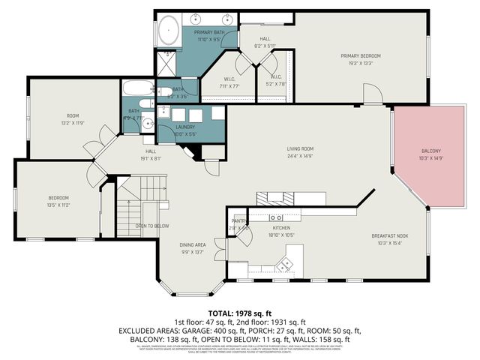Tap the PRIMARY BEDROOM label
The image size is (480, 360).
pyautogui.click(x=361, y=56)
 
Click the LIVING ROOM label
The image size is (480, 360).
pyautogui.click(x=300, y=149)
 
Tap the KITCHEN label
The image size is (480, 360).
pyautogui.click(x=281, y=226)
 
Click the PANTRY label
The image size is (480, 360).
pyautogui.click(x=238, y=221)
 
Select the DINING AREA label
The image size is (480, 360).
pyautogui.click(x=192, y=245)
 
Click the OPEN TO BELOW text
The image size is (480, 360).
pyautogui.click(x=151, y=226)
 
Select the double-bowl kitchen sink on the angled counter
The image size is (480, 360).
pyautogui.click(x=286, y=263)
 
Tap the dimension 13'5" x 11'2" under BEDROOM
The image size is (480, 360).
pyautogui.click(x=58, y=204)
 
